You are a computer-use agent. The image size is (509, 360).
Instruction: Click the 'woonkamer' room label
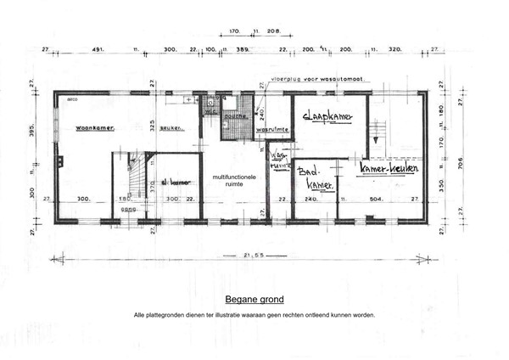(x=94, y=128)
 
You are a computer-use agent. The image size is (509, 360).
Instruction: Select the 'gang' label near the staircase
(x=128, y=208)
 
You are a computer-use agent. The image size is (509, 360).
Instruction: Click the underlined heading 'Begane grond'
(x=254, y=300)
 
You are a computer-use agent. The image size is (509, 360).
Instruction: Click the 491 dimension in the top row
(x=98, y=50)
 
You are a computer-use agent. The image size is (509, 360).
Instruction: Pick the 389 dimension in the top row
(x=243, y=50)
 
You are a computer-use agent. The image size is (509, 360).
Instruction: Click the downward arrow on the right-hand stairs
(x=372, y=133)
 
